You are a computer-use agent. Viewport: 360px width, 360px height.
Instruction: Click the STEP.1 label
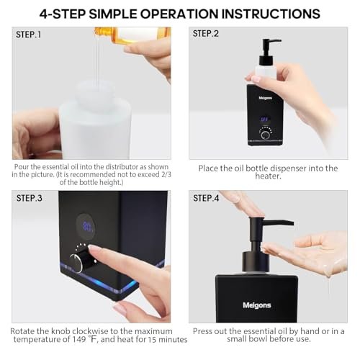29,35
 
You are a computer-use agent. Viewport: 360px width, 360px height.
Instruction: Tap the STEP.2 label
206,34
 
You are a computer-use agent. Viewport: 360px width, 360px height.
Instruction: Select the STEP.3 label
30,198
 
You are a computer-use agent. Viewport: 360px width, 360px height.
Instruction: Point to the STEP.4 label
206,198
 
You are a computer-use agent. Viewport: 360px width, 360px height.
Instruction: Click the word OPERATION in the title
179,14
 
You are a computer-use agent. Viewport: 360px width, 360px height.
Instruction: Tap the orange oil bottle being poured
132,35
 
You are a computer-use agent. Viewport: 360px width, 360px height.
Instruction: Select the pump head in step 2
269,52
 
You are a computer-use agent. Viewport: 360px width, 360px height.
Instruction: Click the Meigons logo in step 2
266,98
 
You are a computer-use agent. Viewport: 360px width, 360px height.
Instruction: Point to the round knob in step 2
265,135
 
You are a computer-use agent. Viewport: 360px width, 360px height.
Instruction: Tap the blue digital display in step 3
88,227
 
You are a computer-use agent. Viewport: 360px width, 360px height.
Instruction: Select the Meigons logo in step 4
257,305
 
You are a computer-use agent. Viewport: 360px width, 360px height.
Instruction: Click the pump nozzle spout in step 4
279,222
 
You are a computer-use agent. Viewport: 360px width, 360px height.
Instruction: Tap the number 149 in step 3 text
79,339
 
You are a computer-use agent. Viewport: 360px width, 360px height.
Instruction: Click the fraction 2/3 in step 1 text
166,174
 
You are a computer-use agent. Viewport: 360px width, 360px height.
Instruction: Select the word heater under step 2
268,176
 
